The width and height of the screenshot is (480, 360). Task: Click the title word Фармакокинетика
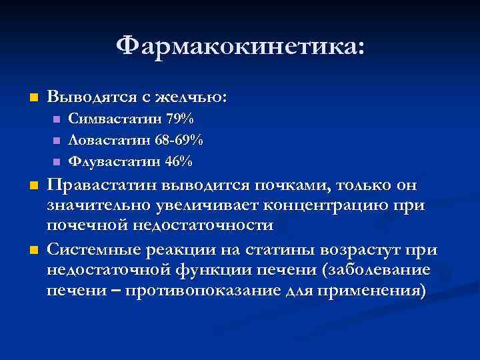239,47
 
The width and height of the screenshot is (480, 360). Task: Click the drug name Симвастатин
108,119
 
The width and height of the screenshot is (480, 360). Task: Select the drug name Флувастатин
108,161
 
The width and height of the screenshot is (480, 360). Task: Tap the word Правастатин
109,185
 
